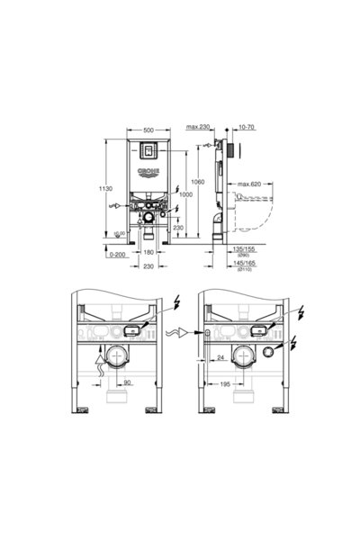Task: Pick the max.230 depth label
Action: (x=201, y=129)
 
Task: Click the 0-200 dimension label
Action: (x=114, y=255)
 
